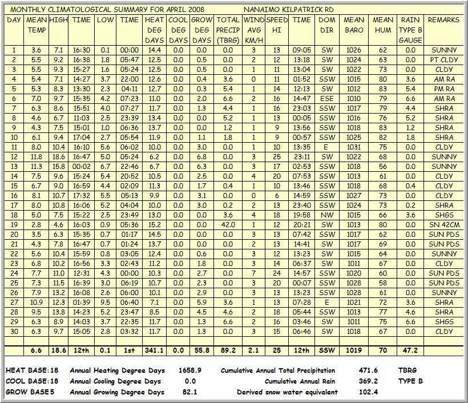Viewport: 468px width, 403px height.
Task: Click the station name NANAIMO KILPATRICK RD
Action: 288,10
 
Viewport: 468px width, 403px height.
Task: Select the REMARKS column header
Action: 443,20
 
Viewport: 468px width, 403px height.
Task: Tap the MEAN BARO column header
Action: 354,25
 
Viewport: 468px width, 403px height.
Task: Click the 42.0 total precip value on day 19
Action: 228,225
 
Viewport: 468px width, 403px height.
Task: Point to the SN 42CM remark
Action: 443,225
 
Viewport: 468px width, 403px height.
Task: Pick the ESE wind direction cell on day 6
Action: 327,99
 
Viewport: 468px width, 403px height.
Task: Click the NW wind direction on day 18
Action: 327,215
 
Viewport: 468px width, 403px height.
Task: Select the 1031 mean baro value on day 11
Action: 354,147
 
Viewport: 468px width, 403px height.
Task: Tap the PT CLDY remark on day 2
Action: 443,60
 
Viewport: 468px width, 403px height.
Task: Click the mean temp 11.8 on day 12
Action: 37,157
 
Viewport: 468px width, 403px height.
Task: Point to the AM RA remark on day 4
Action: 443,79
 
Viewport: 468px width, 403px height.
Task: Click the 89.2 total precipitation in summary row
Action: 228,350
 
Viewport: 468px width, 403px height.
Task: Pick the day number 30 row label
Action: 14,332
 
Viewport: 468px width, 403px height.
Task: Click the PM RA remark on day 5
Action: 443,89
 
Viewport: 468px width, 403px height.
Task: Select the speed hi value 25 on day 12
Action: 277,157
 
